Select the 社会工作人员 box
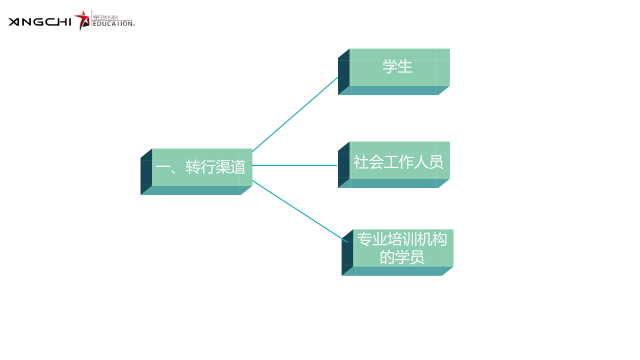pyautogui.click(x=399, y=161)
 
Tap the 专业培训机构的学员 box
pyautogui.click(x=403, y=248)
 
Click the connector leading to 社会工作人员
pyautogui.click(x=295, y=165)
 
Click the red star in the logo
pyautogui.click(x=82, y=19)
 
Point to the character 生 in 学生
pyautogui.click(x=406, y=67)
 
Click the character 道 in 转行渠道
pyautogui.click(x=238, y=167)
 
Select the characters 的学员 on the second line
pyautogui.click(x=402, y=258)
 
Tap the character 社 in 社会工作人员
pyautogui.click(x=361, y=162)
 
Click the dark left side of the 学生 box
pyautogui.click(x=343, y=72)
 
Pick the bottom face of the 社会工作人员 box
pyautogui.click(x=395, y=184)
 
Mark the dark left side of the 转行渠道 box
pyautogui.click(x=146, y=171)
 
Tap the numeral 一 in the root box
pyautogui.click(x=162, y=167)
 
